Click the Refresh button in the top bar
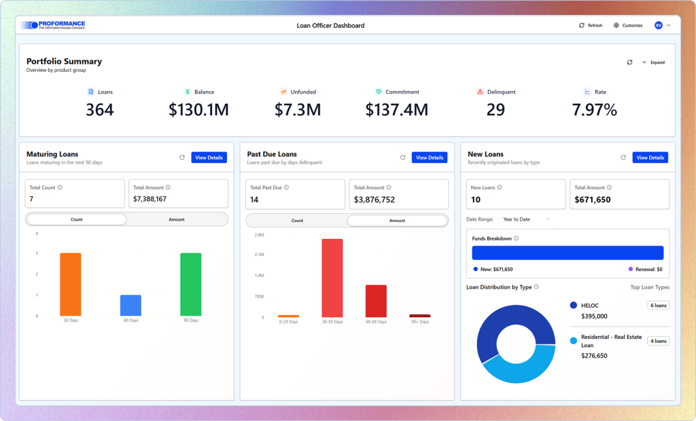coord(591,25)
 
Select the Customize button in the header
coord(627,25)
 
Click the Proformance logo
coord(53,25)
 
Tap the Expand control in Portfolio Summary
coord(653,62)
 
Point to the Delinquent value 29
coord(495,109)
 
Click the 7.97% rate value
coord(594,109)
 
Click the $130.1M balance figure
coord(198,109)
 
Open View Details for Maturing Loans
coord(209,158)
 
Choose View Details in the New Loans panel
coord(650,158)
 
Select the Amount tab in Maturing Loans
coord(176,219)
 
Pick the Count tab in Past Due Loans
coord(297,221)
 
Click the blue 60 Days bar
coord(130,306)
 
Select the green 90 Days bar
coord(190,284)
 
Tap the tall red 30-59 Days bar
coord(332,278)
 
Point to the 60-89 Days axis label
coord(376,322)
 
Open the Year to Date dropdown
coord(526,219)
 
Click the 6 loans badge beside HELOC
coord(658,306)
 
